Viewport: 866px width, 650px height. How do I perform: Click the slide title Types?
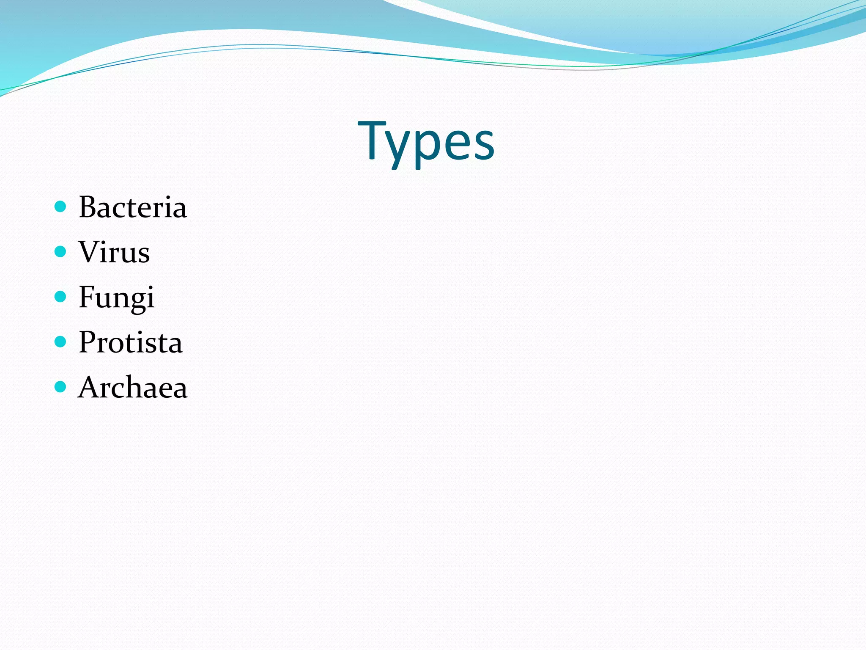click(x=426, y=141)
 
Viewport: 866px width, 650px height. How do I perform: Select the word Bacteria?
click(x=132, y=208)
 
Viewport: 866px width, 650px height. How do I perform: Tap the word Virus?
click(x=114, y=253)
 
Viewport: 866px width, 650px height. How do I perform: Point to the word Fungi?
click(x=117, y=297)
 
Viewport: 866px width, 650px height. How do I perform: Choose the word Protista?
click(x=130, y=342)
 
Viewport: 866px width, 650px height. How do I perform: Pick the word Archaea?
click(x=132, y=387)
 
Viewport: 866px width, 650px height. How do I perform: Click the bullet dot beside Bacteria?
click(x=60, y=207)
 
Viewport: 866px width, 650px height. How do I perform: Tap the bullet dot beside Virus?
click(x=60, y=252)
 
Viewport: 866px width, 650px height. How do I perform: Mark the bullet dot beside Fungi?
click(x=60, y=297)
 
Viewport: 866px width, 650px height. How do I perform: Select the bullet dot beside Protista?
click(x=60, y=342)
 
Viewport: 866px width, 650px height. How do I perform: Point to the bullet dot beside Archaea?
click(x=60, y=386)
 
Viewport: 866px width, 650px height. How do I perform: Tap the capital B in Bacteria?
click(x=89, y=208)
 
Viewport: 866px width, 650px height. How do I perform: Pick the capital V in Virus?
click(x=90, y=252)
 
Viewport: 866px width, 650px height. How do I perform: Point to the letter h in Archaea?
click(x=144, y=387)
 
